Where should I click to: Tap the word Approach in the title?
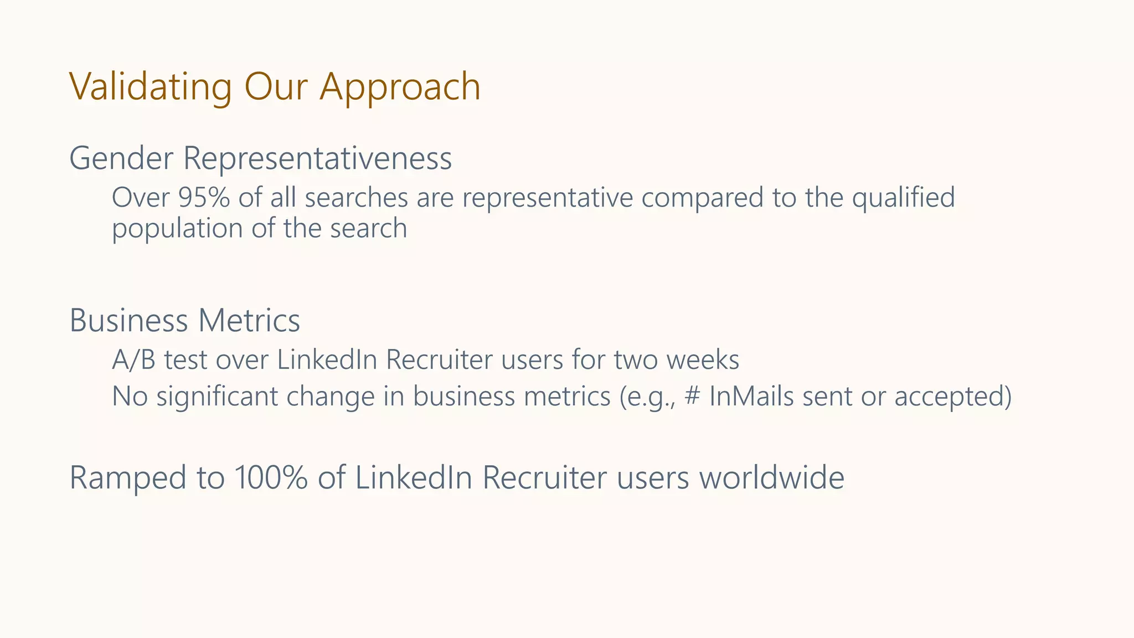[400, 87]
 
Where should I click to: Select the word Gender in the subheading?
[121, 158]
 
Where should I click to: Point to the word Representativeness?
[317, 158]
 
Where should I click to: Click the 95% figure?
[204, 198]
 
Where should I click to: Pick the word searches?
[356, 198]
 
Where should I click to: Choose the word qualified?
[903, 198]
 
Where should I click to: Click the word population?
[177, 228]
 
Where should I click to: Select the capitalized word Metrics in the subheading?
[249, 320]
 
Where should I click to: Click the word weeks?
[703, 360]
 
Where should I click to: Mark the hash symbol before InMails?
[692, 397]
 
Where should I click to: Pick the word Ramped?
[128, 477]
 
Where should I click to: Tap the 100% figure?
[270, 477]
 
